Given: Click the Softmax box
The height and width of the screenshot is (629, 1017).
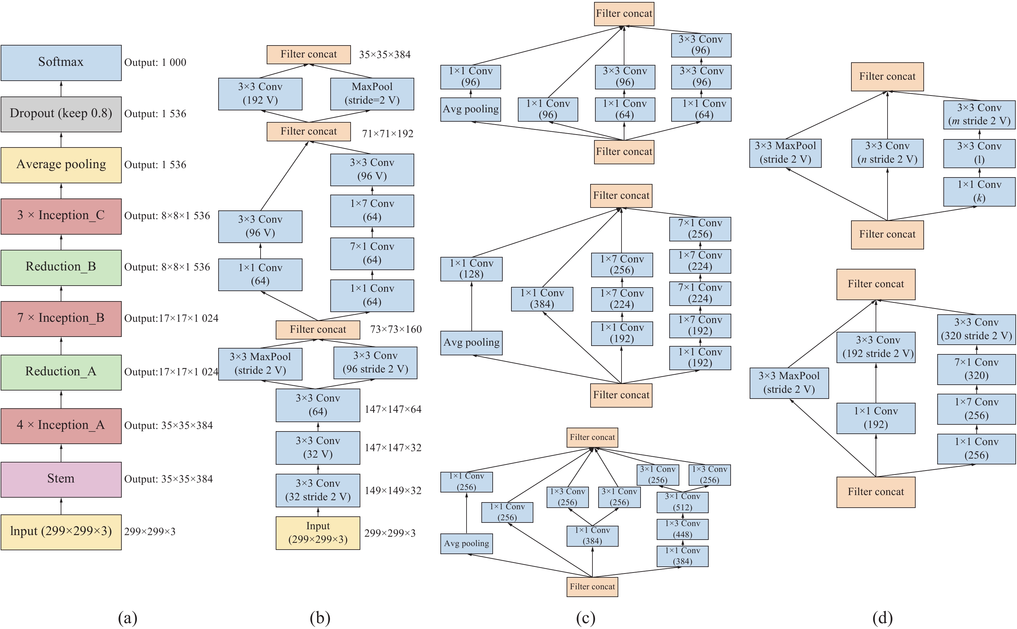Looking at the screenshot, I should click(x=61, y=62).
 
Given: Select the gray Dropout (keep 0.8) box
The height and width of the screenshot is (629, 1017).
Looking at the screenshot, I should click(x=61, y=114).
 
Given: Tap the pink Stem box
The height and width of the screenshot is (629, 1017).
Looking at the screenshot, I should click(x=61, y=479).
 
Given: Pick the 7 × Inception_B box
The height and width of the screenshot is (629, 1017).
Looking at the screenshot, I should click(x=61, y=318).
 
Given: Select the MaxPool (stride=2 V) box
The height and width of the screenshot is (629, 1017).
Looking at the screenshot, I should click(x=372, y=94).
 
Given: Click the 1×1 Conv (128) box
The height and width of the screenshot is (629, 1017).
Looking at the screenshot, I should click(x=471, y=269).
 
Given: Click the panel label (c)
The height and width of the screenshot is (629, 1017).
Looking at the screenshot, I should click(x=585, y=618).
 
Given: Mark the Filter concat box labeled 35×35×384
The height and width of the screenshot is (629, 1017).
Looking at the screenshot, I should click(x=308, y=55).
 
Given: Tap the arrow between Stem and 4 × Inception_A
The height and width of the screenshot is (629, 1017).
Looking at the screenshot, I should click(x=61, y=452).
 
